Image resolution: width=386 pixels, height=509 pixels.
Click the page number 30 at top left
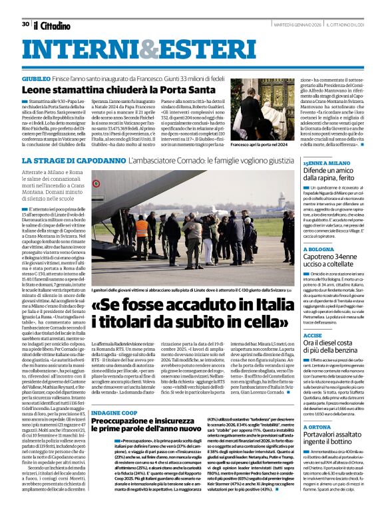(25, 24)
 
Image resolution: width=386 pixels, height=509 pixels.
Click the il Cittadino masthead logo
(51, 25)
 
